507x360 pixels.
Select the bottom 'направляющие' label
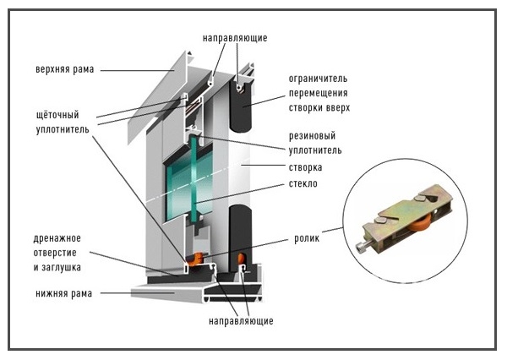241,322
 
